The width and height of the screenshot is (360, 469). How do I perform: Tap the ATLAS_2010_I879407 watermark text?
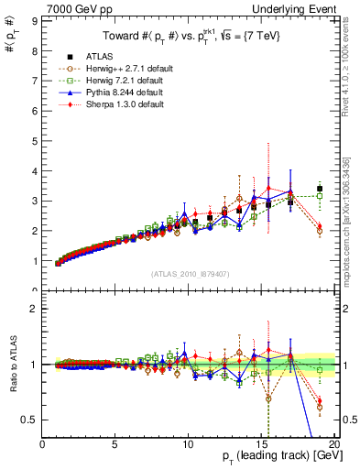pos(191,274)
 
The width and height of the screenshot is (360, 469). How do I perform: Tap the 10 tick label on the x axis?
pos(187,444)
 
